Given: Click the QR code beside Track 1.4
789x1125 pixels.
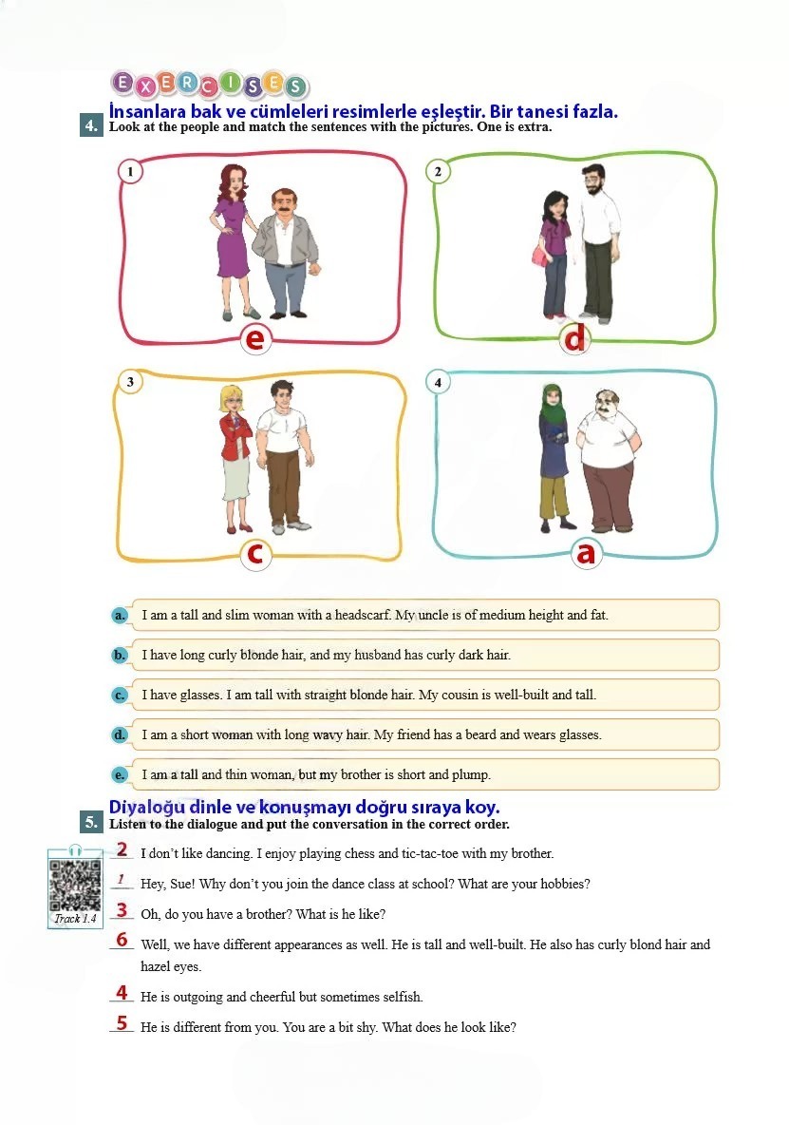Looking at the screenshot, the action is coord(74,884).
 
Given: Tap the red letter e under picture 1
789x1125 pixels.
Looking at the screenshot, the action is coord(255,338).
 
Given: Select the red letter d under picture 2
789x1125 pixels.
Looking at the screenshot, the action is coord(574,337).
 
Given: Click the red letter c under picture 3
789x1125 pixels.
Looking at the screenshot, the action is coord(255,554).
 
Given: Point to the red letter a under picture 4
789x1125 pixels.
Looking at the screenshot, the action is coord(586,553).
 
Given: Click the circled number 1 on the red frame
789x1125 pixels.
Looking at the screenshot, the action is coord(130,171).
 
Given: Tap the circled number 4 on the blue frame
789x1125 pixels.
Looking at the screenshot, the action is coord(438,382).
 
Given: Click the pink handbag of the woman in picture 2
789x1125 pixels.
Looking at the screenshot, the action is coord(539,255).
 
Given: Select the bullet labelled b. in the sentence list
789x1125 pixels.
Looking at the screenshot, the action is coord(120,655).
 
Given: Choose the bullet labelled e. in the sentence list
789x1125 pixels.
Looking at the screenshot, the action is coord(120,775).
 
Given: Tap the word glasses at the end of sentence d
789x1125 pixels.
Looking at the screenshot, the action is coord(578,735).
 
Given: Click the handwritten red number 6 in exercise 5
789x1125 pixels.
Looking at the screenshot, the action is coord(122,940).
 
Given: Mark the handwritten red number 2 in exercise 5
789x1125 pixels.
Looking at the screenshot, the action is coord(122,849).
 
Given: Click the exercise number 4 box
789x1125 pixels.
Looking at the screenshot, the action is coord(92,126).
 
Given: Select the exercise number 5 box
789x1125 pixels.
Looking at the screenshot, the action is coord(92,822).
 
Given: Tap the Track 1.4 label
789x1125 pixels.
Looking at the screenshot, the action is coord(75,919).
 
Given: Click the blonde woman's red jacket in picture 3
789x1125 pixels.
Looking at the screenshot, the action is coord(235,438).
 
